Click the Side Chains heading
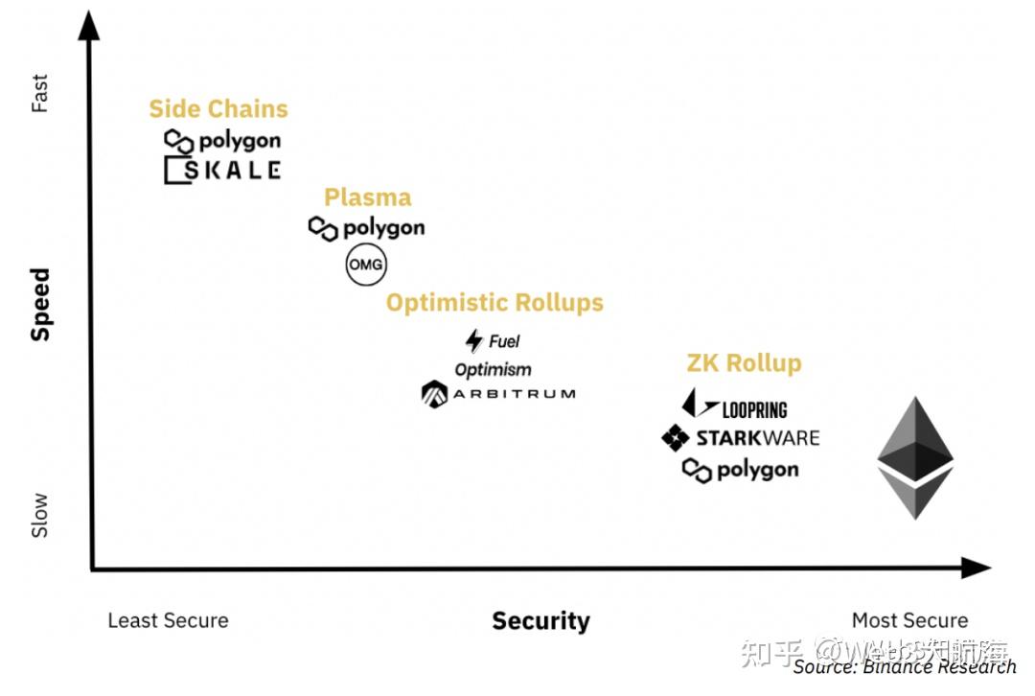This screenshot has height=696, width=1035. point(218,109)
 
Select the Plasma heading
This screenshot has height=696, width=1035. point(367,197)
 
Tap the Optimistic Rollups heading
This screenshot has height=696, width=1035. point(494,303)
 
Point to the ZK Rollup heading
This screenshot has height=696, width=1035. point(744,363)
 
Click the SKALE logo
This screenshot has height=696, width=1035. point(222,171)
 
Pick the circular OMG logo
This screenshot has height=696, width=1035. point(366,265)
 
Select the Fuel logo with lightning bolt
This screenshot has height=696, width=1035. point(493,340)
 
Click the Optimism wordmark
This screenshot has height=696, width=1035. point(493,369)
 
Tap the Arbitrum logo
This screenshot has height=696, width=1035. point(498,393)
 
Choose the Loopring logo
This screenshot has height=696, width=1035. point(735,407)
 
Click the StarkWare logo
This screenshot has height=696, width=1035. point(741,438)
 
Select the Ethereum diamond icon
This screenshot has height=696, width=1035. point(915,457)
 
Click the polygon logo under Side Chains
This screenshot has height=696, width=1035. point(222,141)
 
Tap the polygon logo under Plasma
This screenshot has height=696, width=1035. point(366,228)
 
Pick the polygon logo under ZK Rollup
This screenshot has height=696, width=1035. point(740,470)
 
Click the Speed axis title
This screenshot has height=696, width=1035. point(40,304)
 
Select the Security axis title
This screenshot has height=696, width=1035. point(540,621)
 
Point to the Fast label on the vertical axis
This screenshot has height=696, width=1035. point(39,95)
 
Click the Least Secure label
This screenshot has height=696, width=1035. point(168,620)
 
